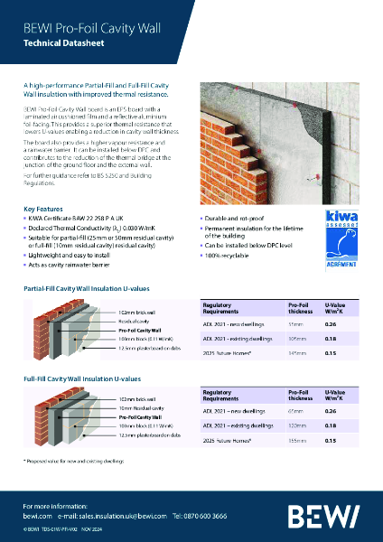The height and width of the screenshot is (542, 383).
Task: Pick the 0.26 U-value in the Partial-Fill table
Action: [x=330, y=322]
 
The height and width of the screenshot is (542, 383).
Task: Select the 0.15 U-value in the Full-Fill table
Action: [x=330, y=440]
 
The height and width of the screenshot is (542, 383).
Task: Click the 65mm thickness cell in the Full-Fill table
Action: [x=295, y=408]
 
